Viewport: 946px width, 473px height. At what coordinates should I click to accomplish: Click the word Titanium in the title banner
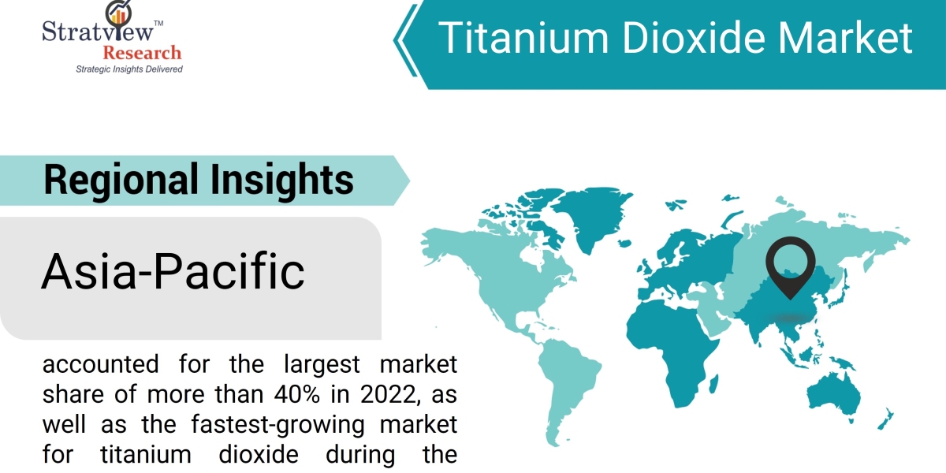pyautogui.click(x=523, y=38)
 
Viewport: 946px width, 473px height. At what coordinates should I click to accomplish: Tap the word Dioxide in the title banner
pyautogui.click(x=693, y=38)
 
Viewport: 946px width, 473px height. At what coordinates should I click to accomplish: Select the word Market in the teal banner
pyautogui.click(x=845, y=38)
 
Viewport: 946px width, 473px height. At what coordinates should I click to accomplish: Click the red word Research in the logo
pyautogui.click(x=142, y=54)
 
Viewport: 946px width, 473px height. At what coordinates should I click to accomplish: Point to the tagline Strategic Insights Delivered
pyautogui.click(x=129, y=69)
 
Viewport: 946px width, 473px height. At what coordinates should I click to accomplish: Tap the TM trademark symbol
pyautogui.click(x=158, y=23)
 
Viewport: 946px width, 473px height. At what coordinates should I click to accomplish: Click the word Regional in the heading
pyautogui.click(x=121, y=181)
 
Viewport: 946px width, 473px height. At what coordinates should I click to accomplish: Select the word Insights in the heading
pyautogui.click(x=282, y=181)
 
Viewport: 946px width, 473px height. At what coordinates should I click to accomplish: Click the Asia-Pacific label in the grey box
pyautogui.click(x=173, y=271)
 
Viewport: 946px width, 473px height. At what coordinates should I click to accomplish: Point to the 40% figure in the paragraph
pyautogui.click(x=296, y=394)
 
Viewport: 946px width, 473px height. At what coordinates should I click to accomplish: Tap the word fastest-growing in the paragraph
pyautogui.click(x=277, y=425)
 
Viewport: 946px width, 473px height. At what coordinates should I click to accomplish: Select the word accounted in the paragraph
pyautogui.click(x=101, y=364)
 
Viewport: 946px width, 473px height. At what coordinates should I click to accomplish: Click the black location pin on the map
pyautogui.click(x=790, y=266)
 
